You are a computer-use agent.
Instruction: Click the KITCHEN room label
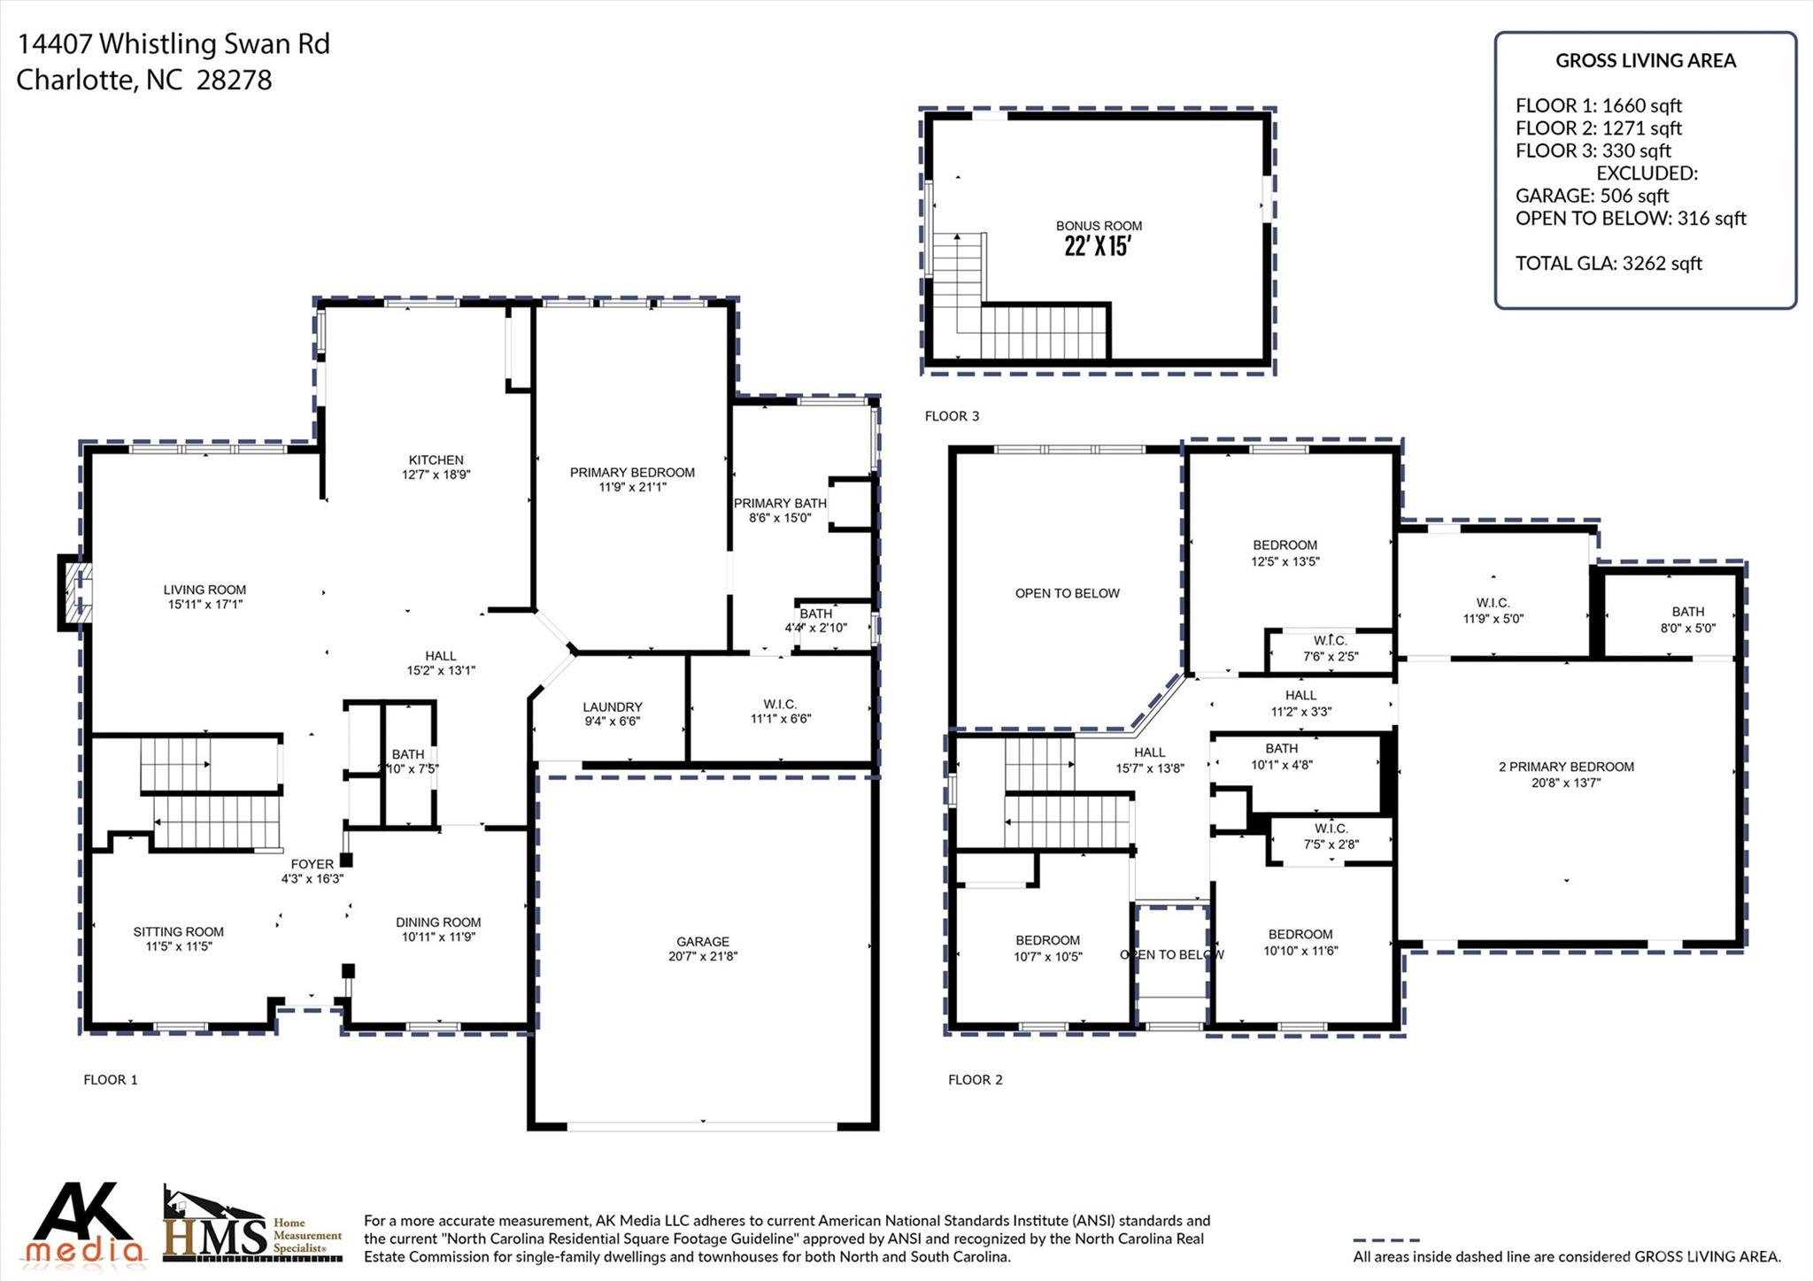point(436,460)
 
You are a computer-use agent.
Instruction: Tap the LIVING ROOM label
point(204,590)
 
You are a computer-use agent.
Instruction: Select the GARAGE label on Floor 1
point(703,942)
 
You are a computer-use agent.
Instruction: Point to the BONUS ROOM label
point(1099,226)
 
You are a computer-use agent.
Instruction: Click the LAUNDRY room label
point(613,707)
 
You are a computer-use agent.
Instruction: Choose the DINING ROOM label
point(438,922)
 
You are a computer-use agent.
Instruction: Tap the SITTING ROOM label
point(179,931)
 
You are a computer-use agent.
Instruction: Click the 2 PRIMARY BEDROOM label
point(1566,767)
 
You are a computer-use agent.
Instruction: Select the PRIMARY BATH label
point(780,504)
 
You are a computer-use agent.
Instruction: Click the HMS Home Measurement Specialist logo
point(252,1223)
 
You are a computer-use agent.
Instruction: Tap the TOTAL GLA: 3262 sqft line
point(1609,263)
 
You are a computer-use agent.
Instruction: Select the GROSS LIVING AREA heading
point(1646,60)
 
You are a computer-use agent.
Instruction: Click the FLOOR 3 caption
point(952,416)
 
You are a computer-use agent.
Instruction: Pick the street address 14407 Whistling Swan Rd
point(174,43)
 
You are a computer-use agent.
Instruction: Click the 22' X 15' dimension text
point(1098,246)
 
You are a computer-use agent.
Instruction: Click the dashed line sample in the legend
point(1386,1240)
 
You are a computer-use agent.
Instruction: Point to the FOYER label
point(312,864)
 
